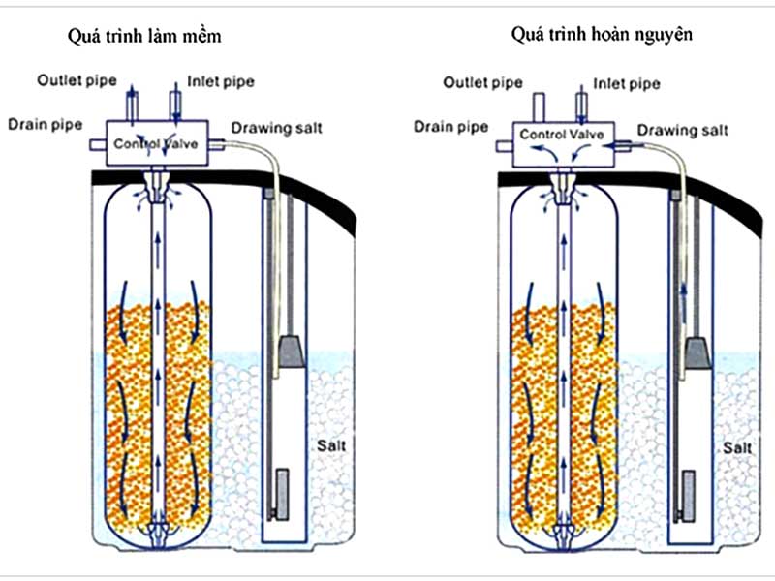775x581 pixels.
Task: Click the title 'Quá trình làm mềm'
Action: (146, 37)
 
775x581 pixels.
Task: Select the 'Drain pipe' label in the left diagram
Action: (46, 125)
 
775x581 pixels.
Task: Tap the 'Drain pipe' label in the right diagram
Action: (451, 126)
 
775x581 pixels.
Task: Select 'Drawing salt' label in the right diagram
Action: (682, 130)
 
